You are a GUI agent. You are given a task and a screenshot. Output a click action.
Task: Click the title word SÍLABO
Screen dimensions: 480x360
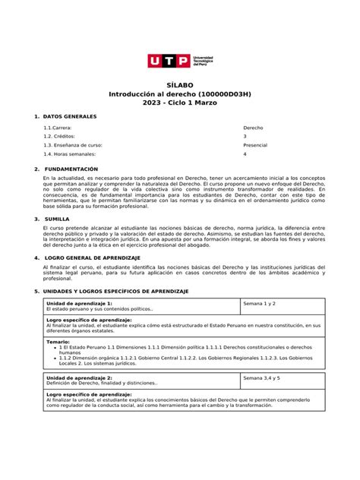click(x=180, y=84)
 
